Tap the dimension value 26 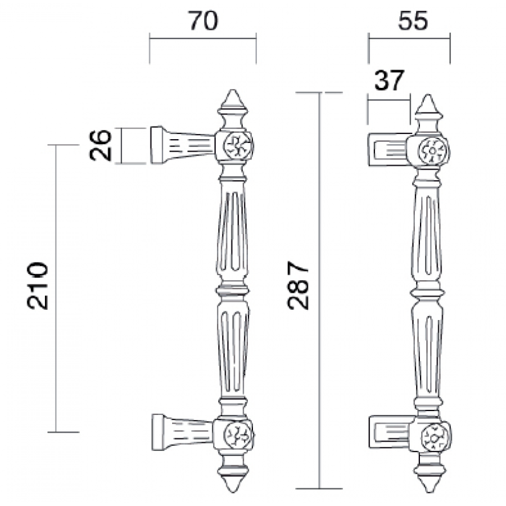(101, 145)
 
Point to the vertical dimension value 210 (39, 284)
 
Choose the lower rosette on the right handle (434, 435)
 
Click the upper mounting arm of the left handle (183, 144)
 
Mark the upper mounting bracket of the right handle (389, 149)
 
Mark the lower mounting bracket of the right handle (389, 431)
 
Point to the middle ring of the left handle (233, 290)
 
